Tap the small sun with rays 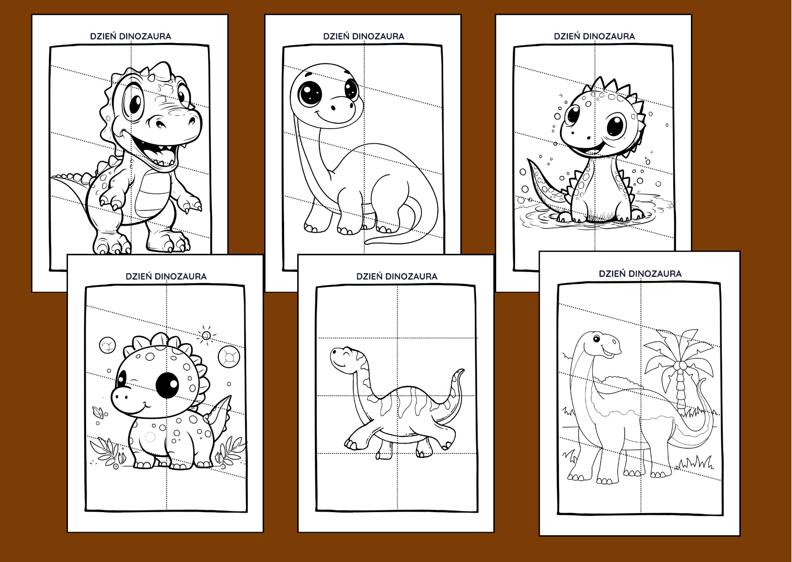[206, 335]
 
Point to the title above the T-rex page [130, 36]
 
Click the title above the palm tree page [640, 274]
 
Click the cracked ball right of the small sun [229, 355]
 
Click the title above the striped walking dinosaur [397, 276]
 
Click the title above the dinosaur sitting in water [594, 36]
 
